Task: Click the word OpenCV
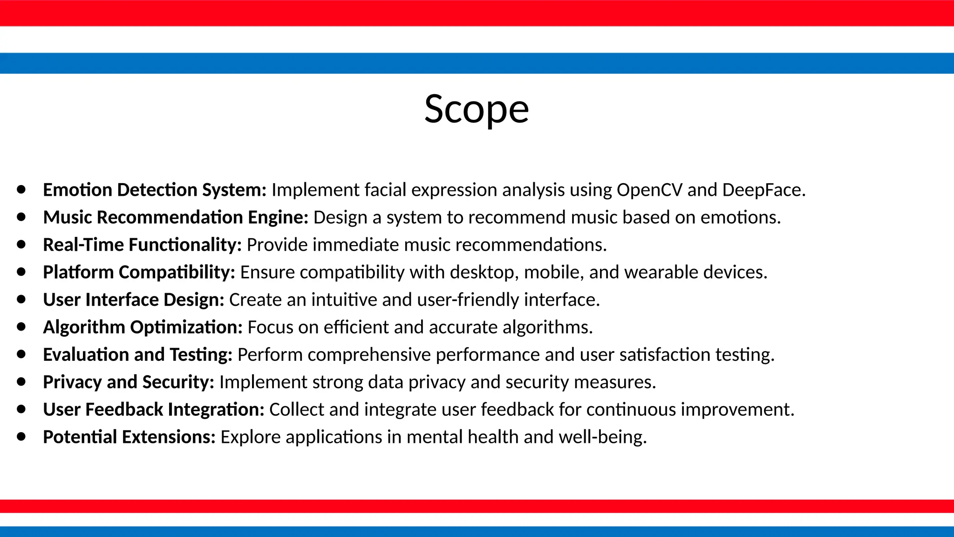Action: coord(649,190)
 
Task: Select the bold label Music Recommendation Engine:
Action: coord(176,218)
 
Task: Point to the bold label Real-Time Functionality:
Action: coord(142,245)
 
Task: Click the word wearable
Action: coord(661,272)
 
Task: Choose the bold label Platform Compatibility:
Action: coord(139,273)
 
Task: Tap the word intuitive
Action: coord(344,300)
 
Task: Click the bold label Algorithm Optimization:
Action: coord(143,327)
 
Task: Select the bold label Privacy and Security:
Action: coord(129,382)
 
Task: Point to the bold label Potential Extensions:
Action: coord(129,437)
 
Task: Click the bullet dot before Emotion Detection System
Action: coord(21,190)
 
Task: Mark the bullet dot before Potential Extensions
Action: coord(21,437)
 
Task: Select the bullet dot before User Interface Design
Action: coord(21,299)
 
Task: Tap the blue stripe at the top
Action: coord(477,63)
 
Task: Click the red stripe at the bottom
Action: coord(477,506)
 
